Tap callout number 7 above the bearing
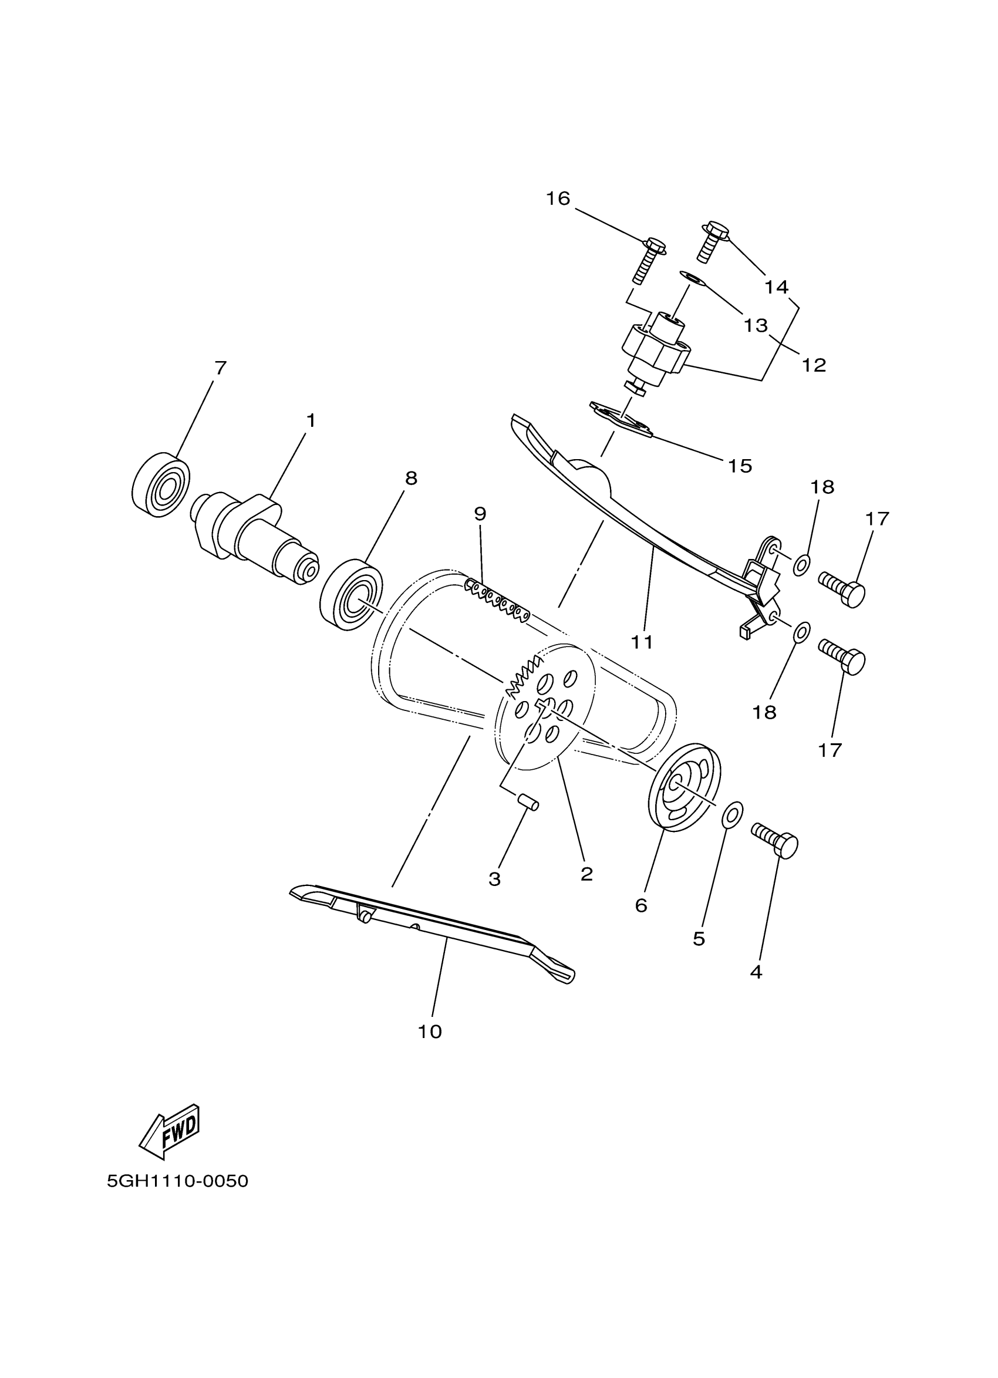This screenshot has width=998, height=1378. click(x=221, y=368)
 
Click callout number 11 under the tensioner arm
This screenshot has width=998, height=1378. click(x=642, y=642)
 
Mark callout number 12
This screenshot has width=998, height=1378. click(x=814, y=365)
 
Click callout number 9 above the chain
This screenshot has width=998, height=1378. click(x=480, y=514)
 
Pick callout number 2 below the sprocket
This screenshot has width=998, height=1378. click(x=586, y=874)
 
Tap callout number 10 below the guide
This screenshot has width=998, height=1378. click(x=430, y=1031)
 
